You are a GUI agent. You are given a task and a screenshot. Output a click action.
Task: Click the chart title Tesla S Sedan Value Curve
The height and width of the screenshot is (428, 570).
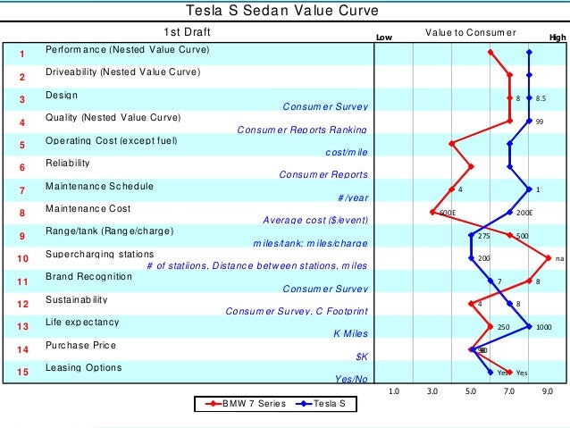(281, 11)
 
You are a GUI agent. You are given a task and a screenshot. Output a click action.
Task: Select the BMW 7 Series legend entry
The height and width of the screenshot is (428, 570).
(245, 403)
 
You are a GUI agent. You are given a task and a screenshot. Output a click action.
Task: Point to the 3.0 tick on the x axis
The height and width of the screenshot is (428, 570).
(432, 390)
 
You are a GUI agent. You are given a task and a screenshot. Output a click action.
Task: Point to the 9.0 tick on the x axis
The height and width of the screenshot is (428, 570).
(548, 390)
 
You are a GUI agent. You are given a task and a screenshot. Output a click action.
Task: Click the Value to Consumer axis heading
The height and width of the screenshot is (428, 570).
(470, 34)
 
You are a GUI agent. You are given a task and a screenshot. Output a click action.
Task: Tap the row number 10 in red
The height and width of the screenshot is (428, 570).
(21, 259)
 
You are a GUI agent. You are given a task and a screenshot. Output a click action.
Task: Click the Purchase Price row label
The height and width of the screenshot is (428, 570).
(80, 345)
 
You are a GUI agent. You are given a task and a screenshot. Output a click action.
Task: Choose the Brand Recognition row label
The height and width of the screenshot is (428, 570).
(88, 277)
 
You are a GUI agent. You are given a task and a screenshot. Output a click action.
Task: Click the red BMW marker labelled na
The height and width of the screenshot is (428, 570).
(548, 258)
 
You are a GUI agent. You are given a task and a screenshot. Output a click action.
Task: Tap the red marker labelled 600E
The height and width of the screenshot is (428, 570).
(432, 213)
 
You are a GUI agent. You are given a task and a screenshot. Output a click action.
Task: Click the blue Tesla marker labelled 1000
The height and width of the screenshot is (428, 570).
(529, 327)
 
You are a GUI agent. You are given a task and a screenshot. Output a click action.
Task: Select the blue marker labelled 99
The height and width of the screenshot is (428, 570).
(529, 121)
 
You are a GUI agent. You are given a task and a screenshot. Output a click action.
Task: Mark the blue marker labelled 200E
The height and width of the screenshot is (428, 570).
(509, 213)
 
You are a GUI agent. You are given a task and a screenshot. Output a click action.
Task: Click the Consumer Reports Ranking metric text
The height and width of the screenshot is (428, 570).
(302, 130)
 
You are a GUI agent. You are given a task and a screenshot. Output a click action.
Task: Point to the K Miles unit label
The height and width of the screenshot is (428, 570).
(350, 333)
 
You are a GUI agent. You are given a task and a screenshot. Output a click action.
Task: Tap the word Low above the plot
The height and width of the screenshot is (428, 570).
(384, 38)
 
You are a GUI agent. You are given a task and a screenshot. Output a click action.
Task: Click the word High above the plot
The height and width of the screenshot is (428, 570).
(557, 38)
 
